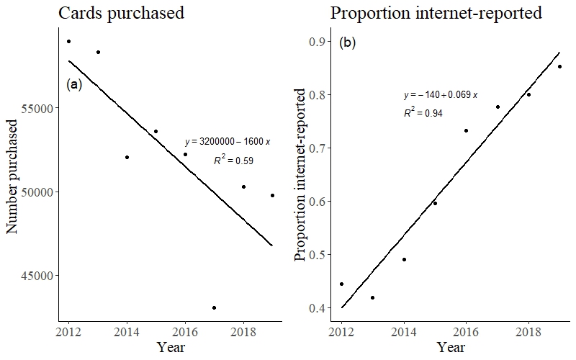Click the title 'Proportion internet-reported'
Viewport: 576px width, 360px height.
[x=436, y=13]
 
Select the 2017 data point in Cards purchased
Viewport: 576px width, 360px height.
[x=214, y=307]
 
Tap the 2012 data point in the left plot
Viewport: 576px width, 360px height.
[x=68, y=41]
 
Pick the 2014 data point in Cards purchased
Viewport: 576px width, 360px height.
[x=127, y=157]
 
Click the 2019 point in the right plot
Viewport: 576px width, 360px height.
[x=559, y=66]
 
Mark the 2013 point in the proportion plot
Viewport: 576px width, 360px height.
[x=372, y=297]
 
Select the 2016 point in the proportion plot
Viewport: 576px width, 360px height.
[x=466, y=130]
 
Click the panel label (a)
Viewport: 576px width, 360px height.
[x=74, y=84]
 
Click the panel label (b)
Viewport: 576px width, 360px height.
[x=347, y=42]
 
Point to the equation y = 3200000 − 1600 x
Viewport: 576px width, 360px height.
[x=228, y=142]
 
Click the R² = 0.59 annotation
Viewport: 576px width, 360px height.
[x=233, y=161]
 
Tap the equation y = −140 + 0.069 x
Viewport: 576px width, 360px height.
[x=441, y=95]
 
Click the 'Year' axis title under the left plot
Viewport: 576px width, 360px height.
[x=171, y=348]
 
